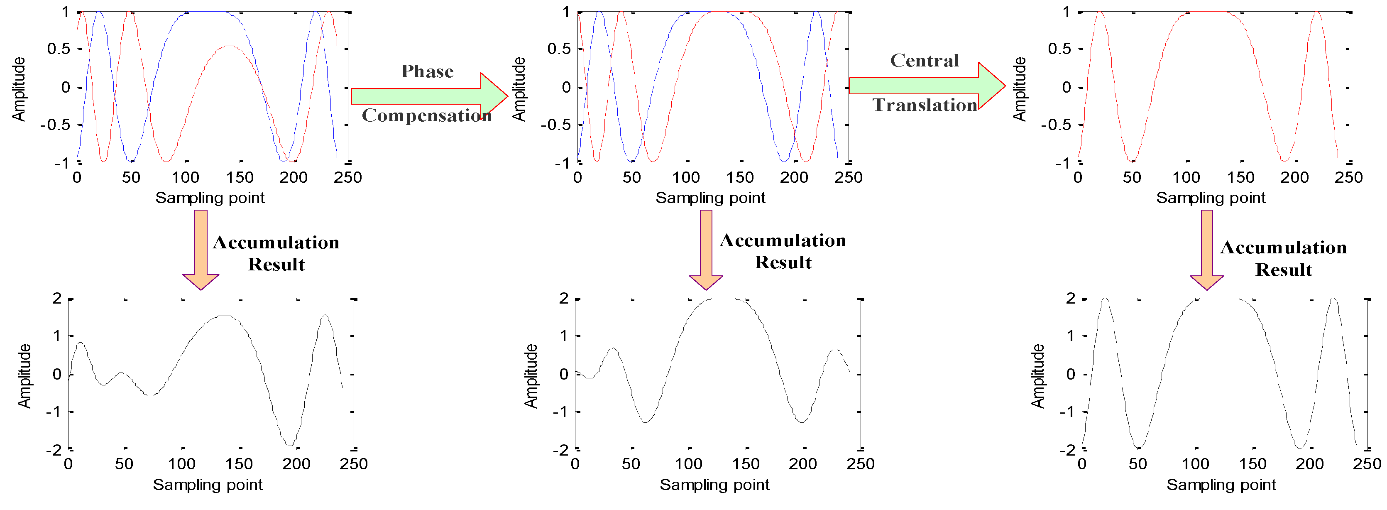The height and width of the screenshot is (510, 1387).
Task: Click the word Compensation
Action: pos(426,115)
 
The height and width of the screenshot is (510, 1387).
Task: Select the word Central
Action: pos(924,60)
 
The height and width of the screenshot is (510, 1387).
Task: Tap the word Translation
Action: pos(925,105)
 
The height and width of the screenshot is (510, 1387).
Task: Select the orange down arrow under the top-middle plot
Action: pos(706,250)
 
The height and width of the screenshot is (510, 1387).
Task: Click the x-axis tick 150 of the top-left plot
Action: pos(240,177)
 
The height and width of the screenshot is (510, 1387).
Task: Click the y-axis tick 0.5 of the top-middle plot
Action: pos(558,49)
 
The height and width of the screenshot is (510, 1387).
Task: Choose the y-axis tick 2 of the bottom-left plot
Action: pos(56,298)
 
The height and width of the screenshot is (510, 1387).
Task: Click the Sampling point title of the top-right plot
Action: pos(1211,198)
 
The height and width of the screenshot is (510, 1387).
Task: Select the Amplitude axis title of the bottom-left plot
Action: pos(24,376)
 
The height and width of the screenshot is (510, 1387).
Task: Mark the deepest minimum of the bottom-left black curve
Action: pos(290,445)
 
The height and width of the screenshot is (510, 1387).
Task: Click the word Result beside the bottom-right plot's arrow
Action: pos(1283,270)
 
